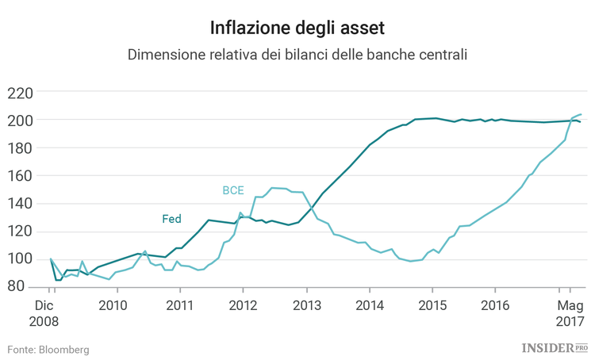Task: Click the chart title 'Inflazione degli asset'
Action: pos(297,29)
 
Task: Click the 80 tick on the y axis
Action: pos(24,286)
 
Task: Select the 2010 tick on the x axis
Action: pos(113,304)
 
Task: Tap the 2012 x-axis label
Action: pos(242,304)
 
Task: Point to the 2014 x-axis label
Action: pos(369,304)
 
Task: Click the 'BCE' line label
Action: pos(232,190)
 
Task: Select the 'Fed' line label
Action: pos(171,219)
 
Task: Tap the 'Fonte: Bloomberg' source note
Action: pos(48,349)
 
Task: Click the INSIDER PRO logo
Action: pos(555,347)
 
